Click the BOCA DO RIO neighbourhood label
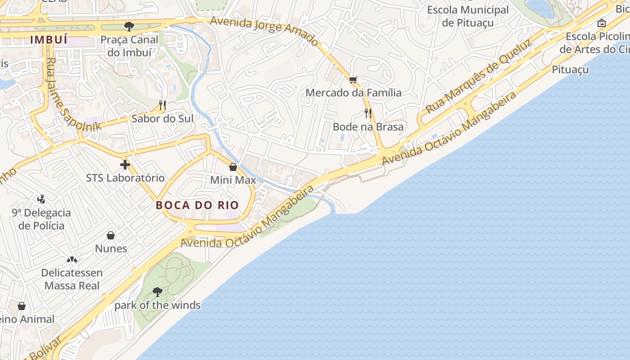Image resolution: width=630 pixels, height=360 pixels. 197,205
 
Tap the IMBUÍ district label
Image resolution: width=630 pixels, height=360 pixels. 49,40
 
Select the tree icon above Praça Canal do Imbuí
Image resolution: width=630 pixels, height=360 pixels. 129,26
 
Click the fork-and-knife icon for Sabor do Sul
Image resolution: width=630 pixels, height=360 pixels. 162,105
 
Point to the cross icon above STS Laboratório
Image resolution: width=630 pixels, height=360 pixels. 125,165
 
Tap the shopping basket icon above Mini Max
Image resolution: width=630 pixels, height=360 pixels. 233,167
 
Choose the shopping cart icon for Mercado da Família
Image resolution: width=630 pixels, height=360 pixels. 353,80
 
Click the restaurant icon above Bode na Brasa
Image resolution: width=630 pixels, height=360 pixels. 368,113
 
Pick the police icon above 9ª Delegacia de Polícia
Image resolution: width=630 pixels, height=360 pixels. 41,199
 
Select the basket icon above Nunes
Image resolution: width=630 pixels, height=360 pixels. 111,235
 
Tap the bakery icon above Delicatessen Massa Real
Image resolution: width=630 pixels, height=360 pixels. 72,260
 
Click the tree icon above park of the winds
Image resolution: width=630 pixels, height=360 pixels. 157,292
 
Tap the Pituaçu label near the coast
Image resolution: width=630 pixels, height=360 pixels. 570,70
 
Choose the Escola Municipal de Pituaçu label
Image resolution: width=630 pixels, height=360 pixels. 468,16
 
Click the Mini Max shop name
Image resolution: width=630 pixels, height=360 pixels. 233,180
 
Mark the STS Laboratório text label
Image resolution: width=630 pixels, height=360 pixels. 125,178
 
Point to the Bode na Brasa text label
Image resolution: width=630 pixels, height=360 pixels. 368,127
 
